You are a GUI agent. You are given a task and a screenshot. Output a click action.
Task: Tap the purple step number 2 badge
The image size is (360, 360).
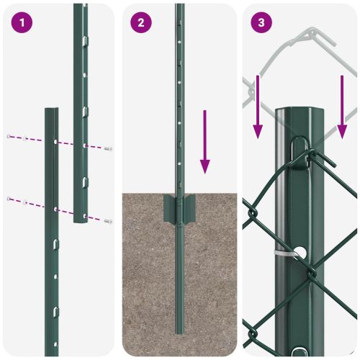pyautogui.click(x=141, y=22)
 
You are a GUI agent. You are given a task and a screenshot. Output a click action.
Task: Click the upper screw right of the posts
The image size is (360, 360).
pyautogui.click(x=108, y=148)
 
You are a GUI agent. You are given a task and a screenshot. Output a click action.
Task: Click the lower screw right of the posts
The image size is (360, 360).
pyautogui.click(x=108, y=220)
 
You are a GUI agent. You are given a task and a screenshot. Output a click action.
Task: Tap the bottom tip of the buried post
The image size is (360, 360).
pyautogui.click(x=179, y=330)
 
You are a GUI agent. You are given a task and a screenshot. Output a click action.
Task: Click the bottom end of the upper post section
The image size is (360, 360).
pyautogui.click(x=80, y=220)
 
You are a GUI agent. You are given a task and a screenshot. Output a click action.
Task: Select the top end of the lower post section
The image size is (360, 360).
pyautogui.click(x=51, y=110)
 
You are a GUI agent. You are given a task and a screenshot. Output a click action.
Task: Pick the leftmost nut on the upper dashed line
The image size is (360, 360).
pyautogui.click(x=9, y=135)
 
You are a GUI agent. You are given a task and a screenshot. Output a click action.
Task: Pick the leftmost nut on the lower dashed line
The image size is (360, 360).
pyautogui.click(x=9, y=197)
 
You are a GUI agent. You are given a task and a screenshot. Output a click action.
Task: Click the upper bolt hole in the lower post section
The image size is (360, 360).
pyautogui.click(x=55, y=142)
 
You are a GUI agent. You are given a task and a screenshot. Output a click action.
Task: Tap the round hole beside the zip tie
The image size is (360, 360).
pyautogui.click(x=308, y=253)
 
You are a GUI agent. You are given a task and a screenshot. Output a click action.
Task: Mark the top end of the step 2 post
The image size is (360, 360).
pyautogui.click(x=179, y=6)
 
